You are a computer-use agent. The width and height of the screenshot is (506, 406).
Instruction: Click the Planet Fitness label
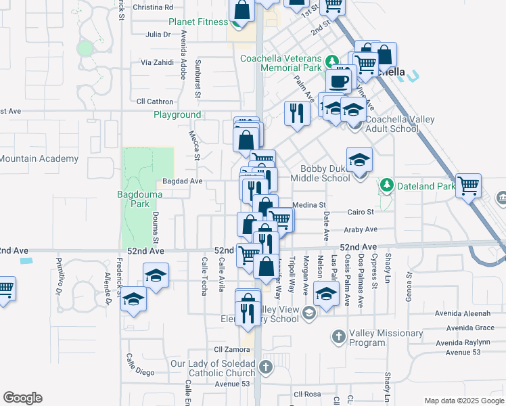[198, 22]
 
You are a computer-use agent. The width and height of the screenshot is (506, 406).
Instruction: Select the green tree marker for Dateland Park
[386, 184]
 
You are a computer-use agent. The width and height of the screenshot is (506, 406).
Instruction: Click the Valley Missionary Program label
[386, 337]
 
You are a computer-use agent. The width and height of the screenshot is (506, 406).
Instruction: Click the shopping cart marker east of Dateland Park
[468, 184]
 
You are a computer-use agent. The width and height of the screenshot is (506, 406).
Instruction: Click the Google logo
[22, 398]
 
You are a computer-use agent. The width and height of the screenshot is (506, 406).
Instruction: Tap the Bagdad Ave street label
[183, 181]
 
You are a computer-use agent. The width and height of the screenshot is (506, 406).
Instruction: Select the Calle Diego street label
[141, 374]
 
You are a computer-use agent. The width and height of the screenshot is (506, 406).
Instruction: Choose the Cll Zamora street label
[227, 350]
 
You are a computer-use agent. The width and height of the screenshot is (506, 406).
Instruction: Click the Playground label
[177, 115]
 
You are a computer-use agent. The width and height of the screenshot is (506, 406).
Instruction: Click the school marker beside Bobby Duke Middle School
[359, 160]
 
